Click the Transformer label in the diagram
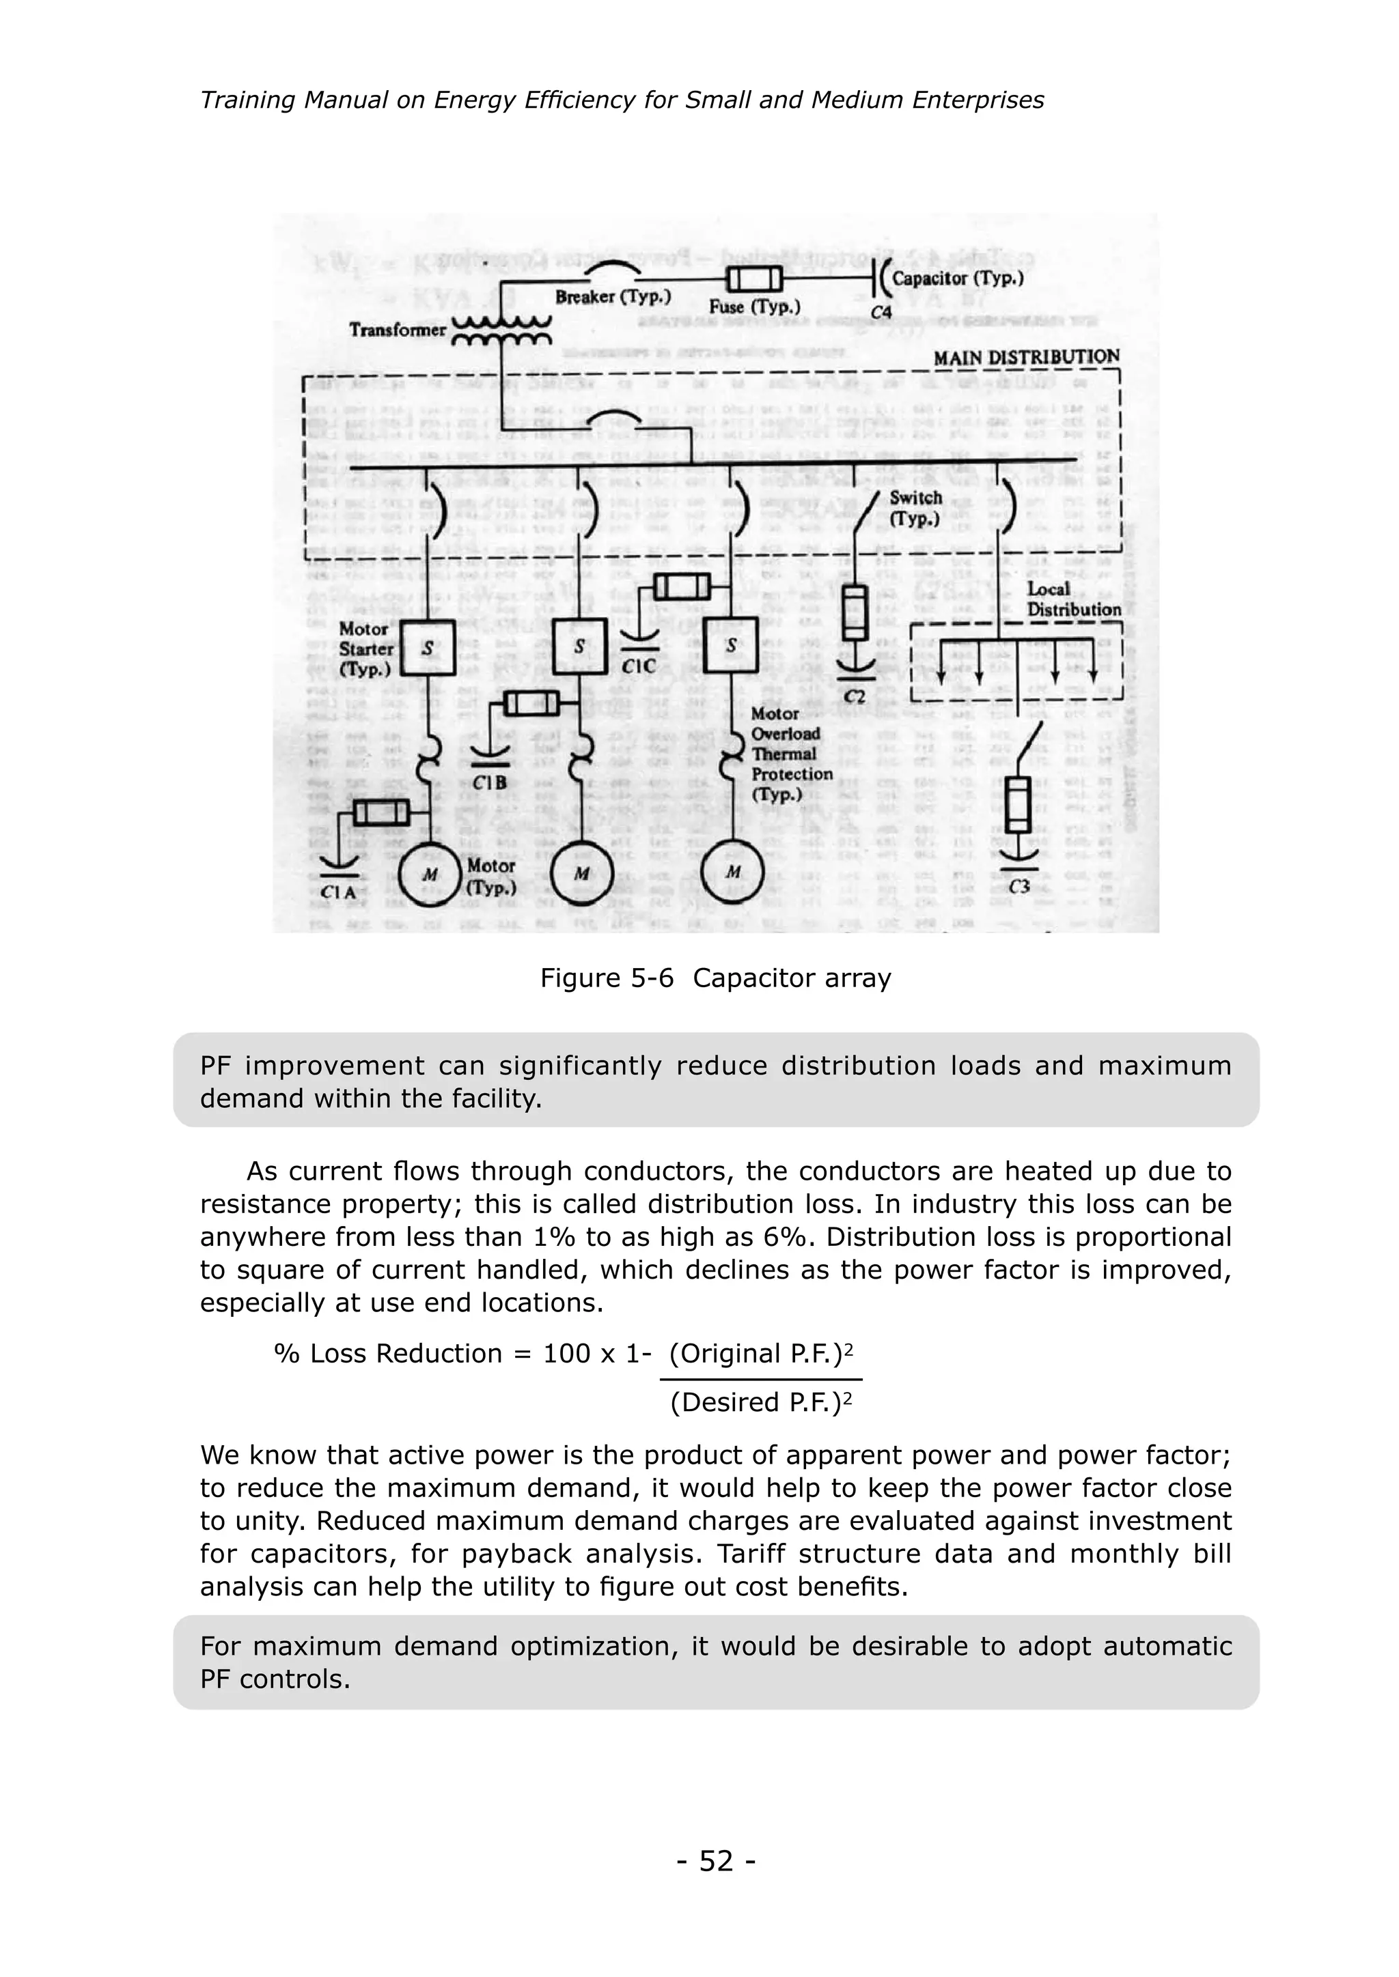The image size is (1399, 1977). point(397,330)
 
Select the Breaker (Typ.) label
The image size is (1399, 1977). point(613,297)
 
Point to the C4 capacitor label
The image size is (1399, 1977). point(881,313)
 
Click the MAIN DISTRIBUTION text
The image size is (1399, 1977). point(1027,356)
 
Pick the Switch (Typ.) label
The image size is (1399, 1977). point(916,508)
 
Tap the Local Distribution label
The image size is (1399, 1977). point(1072,599)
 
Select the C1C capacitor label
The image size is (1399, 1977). point(638,666)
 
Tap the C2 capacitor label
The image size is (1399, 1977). point(854,696)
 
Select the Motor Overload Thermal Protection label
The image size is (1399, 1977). point(791,754)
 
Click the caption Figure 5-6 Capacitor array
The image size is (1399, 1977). point(715,978)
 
